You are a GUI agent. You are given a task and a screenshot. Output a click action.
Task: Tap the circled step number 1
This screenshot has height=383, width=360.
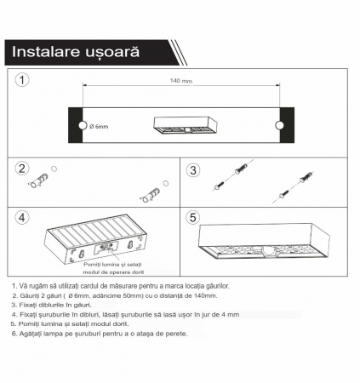click(x=25, y=81)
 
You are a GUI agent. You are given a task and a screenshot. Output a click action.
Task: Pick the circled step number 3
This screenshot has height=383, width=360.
click(x=193, y=169)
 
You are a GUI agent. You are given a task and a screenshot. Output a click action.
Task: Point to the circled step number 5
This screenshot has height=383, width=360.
click(x=193, y=218)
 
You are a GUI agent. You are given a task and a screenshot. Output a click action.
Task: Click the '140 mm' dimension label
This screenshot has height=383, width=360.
click(x=180, y=80)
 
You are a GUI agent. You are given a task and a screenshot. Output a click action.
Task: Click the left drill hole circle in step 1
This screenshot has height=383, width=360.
click(x=82, y=126)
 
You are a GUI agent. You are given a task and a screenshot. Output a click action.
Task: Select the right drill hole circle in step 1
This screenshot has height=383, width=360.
click(x=277, y=126)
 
